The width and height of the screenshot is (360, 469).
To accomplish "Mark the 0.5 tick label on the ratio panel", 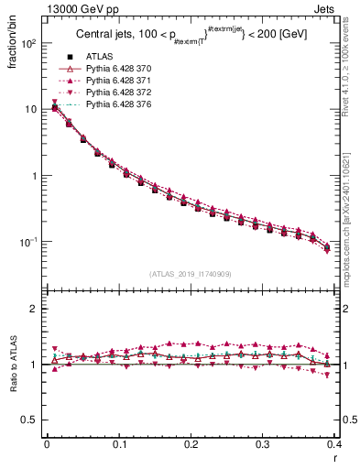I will (31, 420).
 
